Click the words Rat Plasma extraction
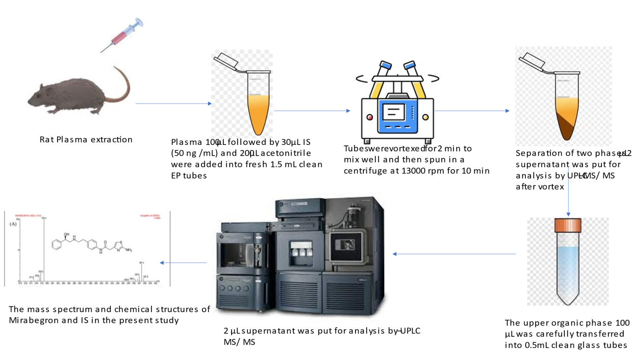pos(86,139)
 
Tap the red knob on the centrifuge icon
pos(370,117)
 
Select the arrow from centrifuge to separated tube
pos(471,111)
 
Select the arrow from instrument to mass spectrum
pos(183,263)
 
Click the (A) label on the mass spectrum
pos(13,223)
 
